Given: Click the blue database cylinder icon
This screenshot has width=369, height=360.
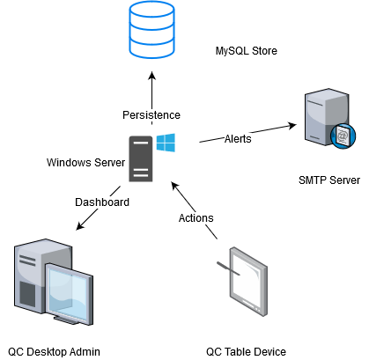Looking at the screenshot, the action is coord(151,30).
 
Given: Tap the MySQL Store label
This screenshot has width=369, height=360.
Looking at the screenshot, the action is coord(247,51).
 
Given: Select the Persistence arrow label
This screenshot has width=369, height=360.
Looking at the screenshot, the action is coord(151,115).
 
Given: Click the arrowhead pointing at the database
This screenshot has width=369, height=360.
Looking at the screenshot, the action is coord(151,76).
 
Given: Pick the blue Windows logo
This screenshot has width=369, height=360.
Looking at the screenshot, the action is coord(166,143).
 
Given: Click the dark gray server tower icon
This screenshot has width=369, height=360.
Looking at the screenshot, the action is coord(141,158).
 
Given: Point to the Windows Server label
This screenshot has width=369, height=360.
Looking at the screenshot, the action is coord(85,162).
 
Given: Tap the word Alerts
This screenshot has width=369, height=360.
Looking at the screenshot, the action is coord(238,138).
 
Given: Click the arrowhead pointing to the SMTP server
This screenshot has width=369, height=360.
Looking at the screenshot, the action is coord(292,126).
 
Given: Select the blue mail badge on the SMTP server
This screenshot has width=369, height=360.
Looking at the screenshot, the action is coord(343,136).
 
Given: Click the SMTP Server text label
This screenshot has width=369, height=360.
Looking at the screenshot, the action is coord(329,180).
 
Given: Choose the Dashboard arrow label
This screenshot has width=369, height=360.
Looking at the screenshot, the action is coord(102,202).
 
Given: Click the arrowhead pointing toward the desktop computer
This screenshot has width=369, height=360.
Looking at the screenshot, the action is coord(80,226).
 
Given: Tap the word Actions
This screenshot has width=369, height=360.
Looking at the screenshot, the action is coord(196,218).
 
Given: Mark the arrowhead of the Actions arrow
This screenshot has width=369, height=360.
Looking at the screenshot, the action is coord(175,186).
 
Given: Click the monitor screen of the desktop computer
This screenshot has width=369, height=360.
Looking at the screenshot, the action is coord(69,292).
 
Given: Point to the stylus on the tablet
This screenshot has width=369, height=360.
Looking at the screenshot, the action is coord(228,268).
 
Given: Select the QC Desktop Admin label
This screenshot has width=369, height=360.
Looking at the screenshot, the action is coord(54,351).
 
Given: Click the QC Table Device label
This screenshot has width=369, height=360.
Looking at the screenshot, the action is coord(246,351).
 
